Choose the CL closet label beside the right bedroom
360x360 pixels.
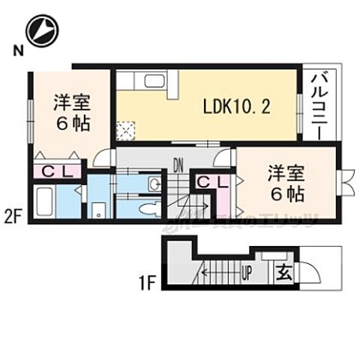pos(213,181)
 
